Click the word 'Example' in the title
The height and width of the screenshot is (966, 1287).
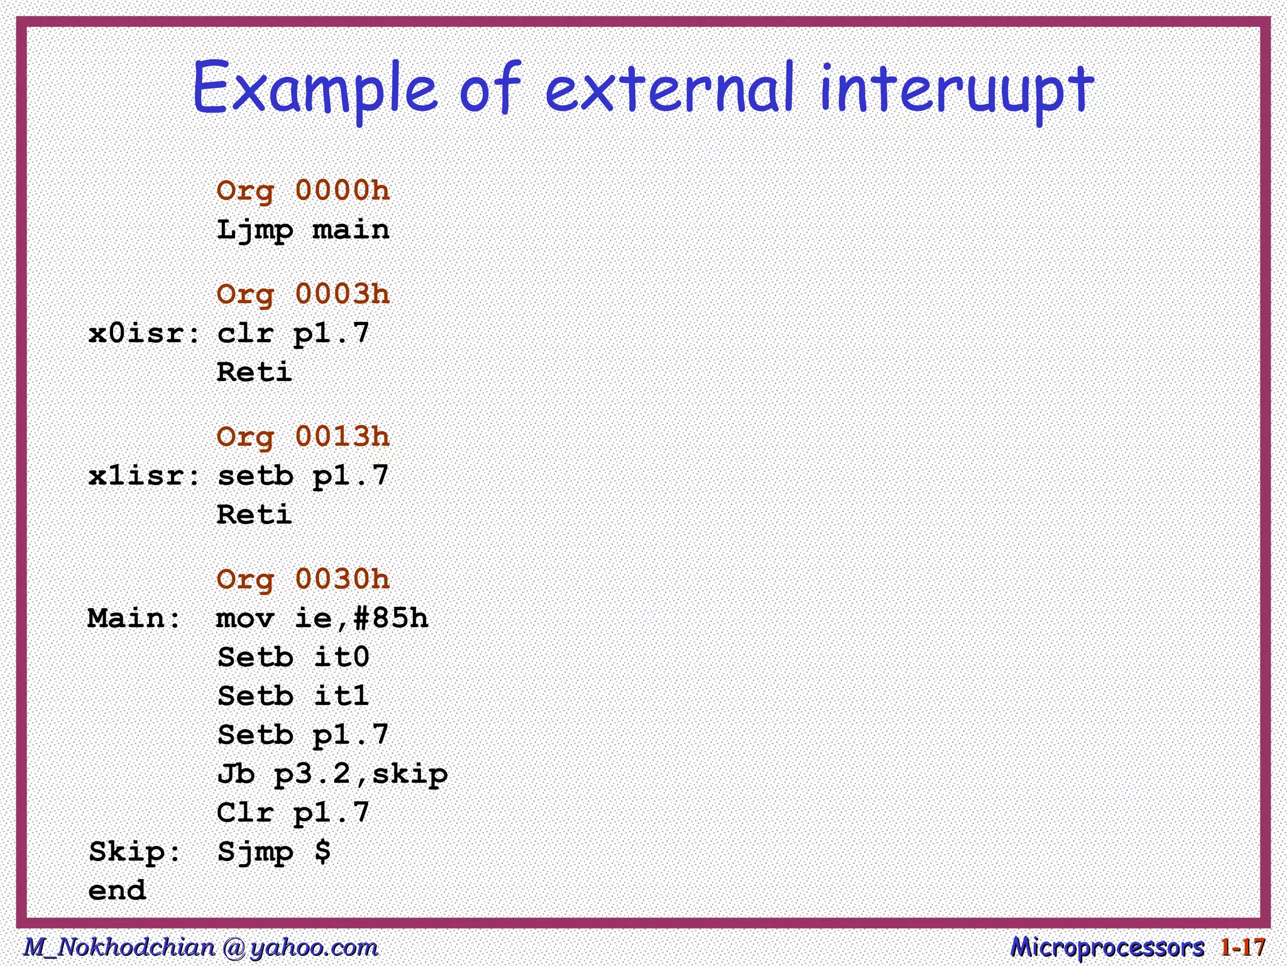click(314, 88)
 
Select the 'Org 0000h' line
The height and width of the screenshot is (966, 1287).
click(303, 191)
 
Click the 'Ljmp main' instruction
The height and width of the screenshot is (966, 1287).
click(303, 230)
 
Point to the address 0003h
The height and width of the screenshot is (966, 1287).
click(342, 294)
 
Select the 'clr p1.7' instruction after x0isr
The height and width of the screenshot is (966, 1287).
click(293, 333)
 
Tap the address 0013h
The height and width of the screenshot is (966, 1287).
click(342, 437)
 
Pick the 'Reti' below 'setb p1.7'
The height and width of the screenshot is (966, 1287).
click(254, 514)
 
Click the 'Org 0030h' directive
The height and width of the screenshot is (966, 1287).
click(303, 579)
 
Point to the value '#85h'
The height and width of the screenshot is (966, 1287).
click(391, 618)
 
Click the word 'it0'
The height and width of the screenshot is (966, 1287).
click(341, 657)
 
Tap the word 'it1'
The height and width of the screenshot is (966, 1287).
click(341, 696)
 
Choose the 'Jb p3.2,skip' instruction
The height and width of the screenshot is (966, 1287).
click(332, 774)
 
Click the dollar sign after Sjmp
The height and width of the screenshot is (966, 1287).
click(322, 852)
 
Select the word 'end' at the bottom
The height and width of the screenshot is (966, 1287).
click(118, 891)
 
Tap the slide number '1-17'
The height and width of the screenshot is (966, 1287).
click(1242, 947)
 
